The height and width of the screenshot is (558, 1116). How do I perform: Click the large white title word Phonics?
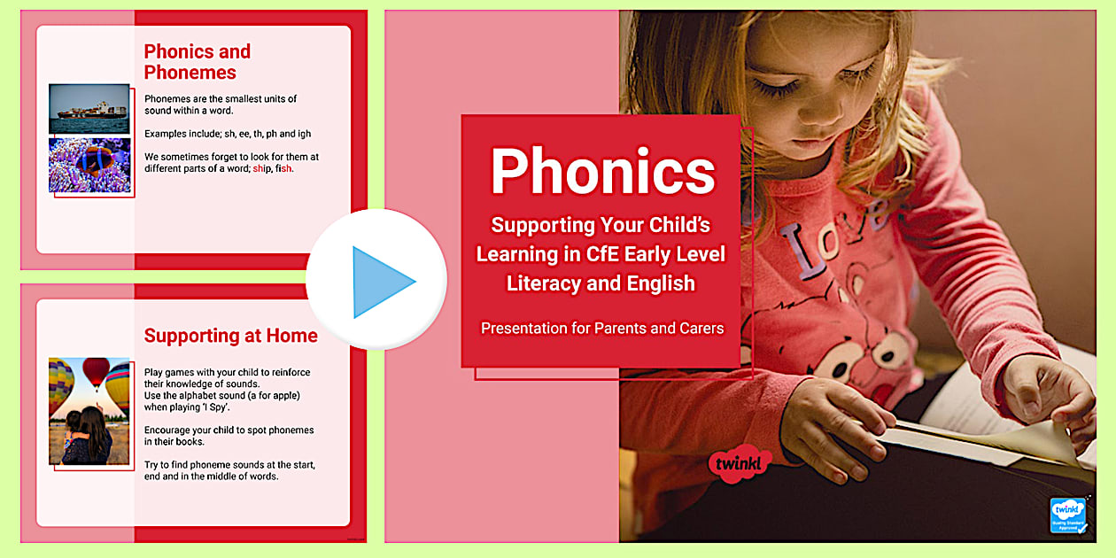coord(602,170)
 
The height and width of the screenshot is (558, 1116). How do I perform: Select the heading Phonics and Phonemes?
coord(197,62)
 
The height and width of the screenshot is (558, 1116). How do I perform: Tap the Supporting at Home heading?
coord(230,336)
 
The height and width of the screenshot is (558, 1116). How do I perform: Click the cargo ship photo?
coord(89,108)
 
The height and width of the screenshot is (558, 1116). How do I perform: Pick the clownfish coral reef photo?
coord(89,165)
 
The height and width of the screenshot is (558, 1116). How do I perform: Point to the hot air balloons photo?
coord(89,411)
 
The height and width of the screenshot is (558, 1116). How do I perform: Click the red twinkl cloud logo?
coord(740,464)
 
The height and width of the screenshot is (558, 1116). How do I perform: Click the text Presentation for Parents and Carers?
coord(602,329)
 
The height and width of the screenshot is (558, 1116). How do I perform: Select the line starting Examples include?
coord(227,134)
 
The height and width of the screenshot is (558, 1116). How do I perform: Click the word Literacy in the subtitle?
coord(541,283)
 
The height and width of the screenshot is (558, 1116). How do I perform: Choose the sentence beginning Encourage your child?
coord(229,436)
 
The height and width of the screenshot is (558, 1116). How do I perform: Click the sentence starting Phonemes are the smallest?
coord(221,104)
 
